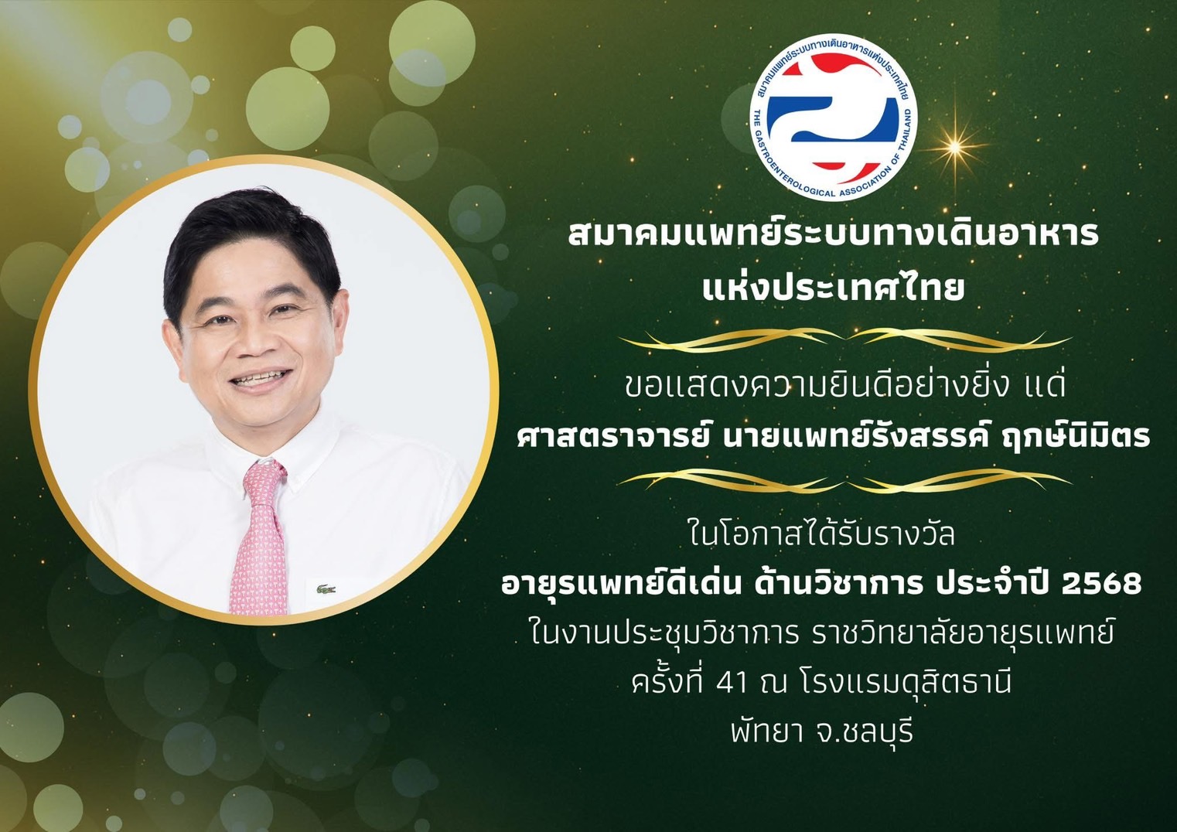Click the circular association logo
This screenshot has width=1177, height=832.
click(x=834, y=117)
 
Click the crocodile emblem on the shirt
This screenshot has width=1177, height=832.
click(x=326, y=590)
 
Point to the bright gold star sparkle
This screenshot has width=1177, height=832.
click(x=955, y=147)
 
